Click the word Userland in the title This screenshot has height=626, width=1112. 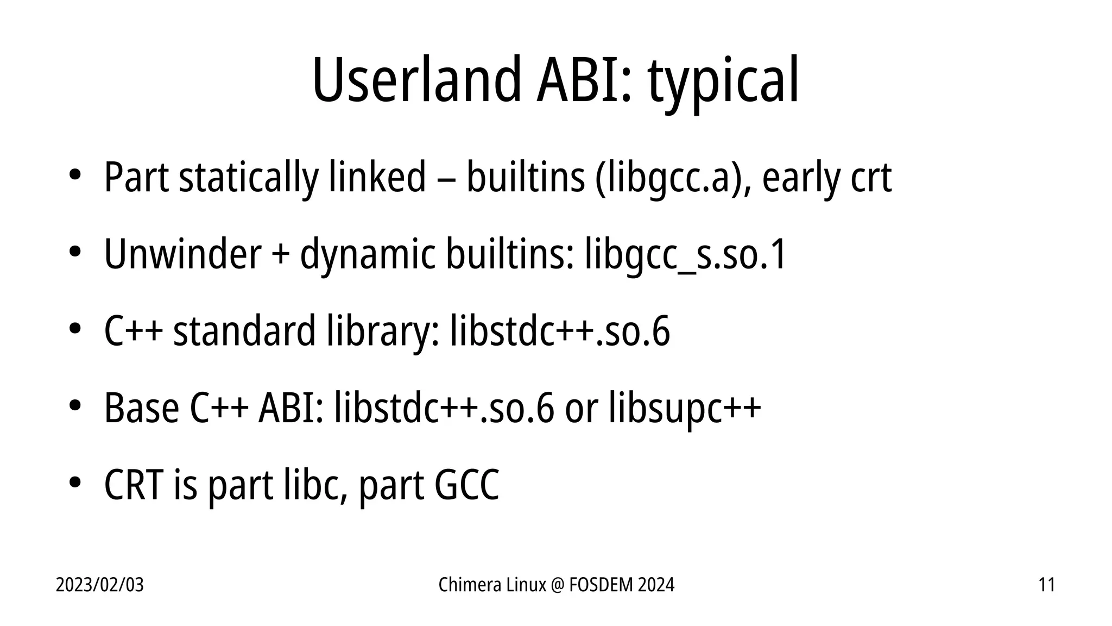tap(416, 80)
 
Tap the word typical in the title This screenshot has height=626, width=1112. tap(723, 82)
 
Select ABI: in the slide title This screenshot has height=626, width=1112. tap(585, 80)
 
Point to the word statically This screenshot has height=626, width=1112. tap(248, 178)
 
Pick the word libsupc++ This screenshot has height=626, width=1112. tap(685, 408)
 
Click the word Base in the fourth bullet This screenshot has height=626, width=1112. tap(141, 408)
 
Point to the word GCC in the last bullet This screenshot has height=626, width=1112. tap(466, 485)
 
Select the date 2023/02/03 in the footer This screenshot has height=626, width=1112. tap(100, 585)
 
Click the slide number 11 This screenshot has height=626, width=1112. tap(1046, 585)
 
